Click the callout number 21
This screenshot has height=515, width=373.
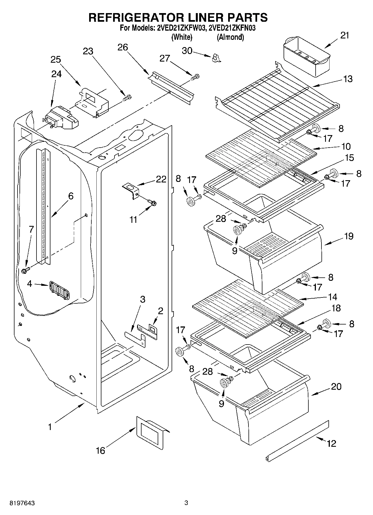pyautogui.click(x=345, y=35)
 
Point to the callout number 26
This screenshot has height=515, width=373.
pyautogui.click(x=123, y=47)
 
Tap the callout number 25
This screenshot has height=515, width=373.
pyautogui.click(x=56, y=60)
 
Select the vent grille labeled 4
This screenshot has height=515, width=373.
pyautogui.click(x=59, y=291)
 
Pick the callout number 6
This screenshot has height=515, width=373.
pyautogui.click(x=71, y=196)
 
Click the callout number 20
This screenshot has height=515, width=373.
pyautogui.click(x=336, y=386)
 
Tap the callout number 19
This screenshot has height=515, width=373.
pyautogui.click(x=348, y=236)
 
